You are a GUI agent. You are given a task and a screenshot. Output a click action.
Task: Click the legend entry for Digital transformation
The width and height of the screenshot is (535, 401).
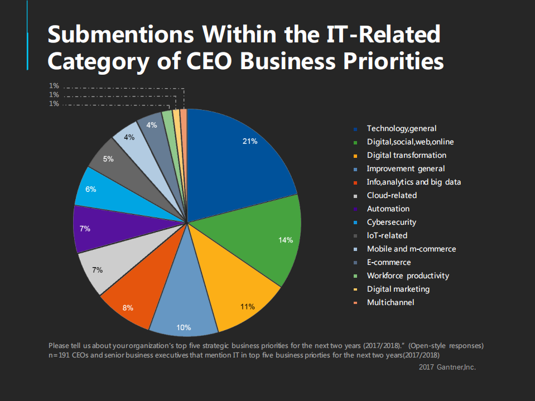click(406, 155)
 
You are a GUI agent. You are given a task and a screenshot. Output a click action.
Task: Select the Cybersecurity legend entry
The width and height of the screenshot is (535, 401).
click(391, 222)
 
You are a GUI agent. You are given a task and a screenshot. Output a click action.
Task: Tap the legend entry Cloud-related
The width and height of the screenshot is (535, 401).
click(392, 195)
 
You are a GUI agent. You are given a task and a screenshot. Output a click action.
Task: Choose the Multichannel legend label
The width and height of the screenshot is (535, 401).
click(391, 302)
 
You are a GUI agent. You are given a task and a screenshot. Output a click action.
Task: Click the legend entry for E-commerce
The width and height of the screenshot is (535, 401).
click(388, 262)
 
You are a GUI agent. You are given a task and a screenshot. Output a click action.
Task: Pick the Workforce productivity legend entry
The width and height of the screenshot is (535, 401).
click(407, 276)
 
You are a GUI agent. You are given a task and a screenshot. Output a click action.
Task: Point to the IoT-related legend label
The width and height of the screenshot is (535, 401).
click(387, 235)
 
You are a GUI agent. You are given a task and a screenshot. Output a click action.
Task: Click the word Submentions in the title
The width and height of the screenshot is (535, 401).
click(121, 35)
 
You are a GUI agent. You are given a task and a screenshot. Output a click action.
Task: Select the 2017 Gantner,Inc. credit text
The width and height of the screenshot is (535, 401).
click(447, 367)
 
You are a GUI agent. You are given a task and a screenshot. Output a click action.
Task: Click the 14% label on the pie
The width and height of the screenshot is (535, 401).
click(286, 240)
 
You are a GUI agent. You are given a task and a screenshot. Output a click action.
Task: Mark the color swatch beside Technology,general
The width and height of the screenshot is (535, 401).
click(355, 129)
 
